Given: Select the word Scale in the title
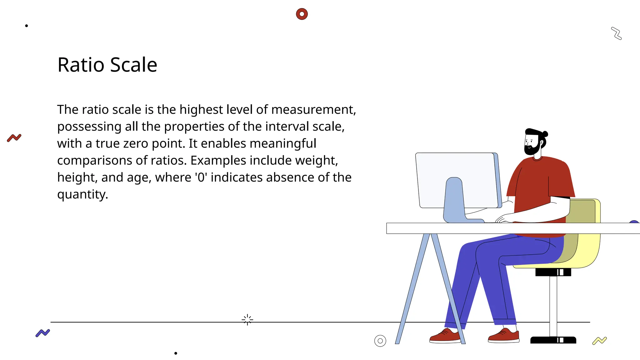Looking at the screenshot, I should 134,65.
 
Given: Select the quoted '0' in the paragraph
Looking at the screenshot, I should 201,177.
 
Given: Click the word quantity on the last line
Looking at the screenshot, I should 82,194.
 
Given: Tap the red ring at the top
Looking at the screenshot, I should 302,14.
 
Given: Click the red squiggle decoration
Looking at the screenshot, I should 14,138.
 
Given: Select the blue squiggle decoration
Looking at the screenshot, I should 43,333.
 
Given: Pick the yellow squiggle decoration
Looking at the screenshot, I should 599,341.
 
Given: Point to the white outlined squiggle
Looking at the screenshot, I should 616,33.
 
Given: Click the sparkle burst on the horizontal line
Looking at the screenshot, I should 247,320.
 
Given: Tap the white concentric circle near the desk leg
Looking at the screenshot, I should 380,341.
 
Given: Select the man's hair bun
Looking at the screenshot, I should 545,134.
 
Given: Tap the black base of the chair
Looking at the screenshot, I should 553,340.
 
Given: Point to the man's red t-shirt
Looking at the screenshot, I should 537,181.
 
